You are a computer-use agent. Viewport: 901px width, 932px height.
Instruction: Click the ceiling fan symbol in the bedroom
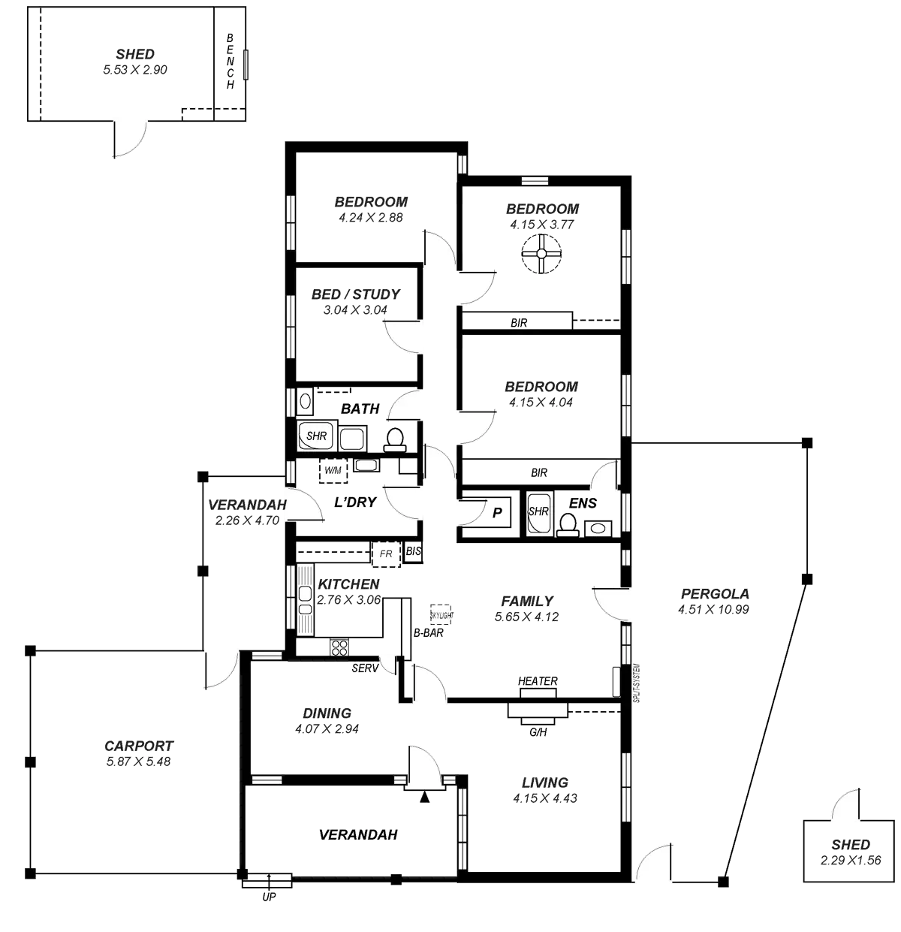[541, 254]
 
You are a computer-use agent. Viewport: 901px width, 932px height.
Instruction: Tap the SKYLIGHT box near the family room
[441, 614]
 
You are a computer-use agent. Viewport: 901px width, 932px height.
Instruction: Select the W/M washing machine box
[333, 470]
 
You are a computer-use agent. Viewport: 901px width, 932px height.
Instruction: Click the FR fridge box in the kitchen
[387, 553]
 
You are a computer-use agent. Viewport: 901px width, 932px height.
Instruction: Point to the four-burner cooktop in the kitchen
[339, 647]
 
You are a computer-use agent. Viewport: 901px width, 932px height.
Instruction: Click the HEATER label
[538, 681]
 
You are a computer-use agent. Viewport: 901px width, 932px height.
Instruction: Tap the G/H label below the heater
[538, 731]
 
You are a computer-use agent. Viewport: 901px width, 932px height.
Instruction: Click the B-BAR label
[428, 632]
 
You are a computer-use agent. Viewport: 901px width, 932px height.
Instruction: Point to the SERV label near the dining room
[364, 668]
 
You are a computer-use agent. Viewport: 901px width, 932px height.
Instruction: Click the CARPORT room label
[139, 746]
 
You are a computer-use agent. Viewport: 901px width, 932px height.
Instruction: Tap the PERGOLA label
[715, 594]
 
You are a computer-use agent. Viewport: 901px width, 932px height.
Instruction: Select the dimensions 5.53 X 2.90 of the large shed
[135, 70]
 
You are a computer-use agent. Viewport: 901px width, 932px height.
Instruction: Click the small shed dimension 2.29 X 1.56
[851, 860]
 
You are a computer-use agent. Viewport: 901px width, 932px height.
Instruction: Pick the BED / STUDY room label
[356, 294]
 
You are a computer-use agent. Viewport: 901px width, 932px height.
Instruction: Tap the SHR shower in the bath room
[316, 435]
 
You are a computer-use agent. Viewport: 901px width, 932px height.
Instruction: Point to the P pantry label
[496, 511]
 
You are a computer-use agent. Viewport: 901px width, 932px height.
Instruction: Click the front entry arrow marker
[426, 798]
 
